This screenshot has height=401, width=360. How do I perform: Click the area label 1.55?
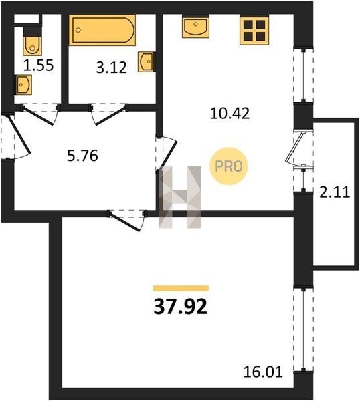[38, 65]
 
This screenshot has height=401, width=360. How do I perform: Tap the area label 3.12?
[111, 68]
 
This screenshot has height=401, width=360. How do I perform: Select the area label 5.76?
[82, 156]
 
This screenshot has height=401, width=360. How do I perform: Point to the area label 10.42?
[230, 114]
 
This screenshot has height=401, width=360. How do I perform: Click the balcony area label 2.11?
[335, 192]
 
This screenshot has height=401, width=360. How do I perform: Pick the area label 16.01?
[263, 372]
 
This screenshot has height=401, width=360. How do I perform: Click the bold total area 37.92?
[180, 307]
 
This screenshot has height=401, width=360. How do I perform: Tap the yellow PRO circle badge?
[229, 166]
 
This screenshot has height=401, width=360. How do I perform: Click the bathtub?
[102, 30]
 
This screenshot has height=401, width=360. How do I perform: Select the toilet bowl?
[32, 45]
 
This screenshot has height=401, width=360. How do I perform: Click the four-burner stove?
[254, 30]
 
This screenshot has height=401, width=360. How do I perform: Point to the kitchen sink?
[195, 27]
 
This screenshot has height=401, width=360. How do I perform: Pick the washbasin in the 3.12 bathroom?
[146, 61]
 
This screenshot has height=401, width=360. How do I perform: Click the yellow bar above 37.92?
[181, 288]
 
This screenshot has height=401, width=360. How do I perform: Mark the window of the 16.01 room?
[303, 329]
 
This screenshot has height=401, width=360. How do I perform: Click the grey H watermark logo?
[179, 197]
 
